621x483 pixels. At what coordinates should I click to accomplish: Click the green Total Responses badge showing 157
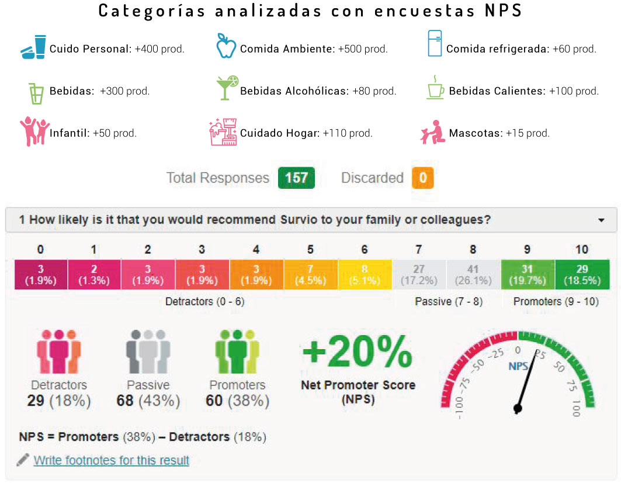click(296, 178)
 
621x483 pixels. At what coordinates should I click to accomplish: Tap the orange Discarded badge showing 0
click(422, 178)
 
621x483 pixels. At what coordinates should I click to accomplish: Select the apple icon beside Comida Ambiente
click(225, 46)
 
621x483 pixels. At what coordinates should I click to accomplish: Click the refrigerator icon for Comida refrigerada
click(435, 43)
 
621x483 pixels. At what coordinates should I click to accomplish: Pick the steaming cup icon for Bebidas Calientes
click(435, 88)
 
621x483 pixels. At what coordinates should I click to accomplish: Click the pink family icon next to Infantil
click(34, 131)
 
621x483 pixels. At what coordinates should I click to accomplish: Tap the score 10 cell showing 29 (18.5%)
click(582, 275)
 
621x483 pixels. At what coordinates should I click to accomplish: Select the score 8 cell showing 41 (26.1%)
click(473, 275)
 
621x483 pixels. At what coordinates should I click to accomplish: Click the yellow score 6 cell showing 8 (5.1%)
click(365, 275)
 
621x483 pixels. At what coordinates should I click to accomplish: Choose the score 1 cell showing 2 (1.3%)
click(94, 275)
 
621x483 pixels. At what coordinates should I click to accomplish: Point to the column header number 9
click(527, 250)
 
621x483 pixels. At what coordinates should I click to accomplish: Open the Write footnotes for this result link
click(112, 460)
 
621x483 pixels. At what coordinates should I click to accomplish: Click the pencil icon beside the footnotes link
click(23, 460)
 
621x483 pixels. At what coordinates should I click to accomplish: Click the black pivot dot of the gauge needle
click(517, 409)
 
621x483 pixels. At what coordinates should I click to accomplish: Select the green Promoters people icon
click(237, 353)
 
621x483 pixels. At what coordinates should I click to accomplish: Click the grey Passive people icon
click(148, 353)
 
